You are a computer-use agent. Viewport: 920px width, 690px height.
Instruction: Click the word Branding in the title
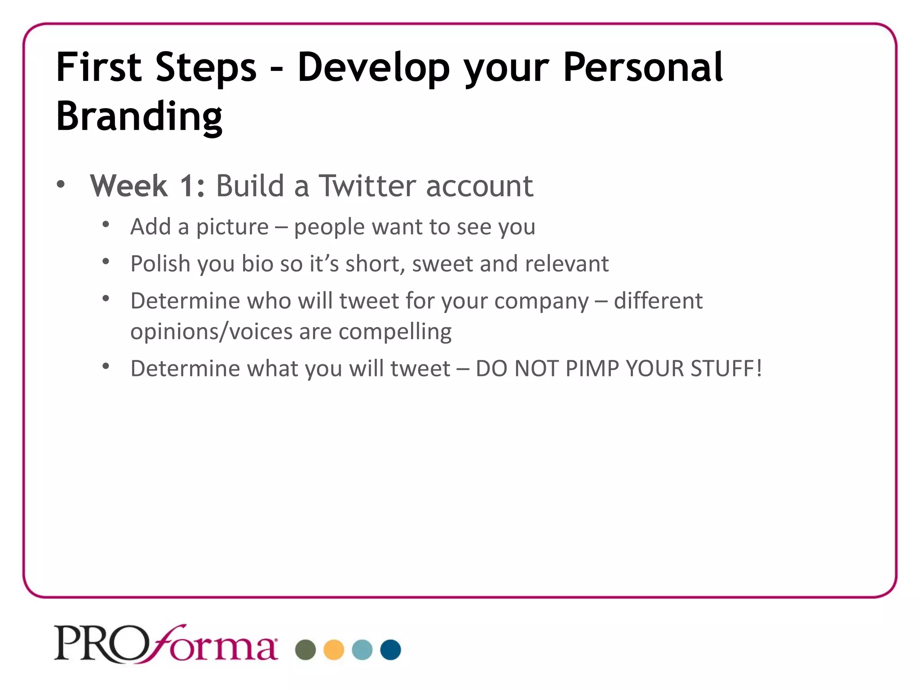pyautogui.click(x=139, y=116)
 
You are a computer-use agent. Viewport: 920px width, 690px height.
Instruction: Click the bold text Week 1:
pyautogui.click(x=147, y=186)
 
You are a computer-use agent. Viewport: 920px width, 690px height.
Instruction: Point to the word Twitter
pyautogui.click(x=367, y=186)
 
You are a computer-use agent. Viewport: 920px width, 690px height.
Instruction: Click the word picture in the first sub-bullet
pyautogui.click(x=232, y=227)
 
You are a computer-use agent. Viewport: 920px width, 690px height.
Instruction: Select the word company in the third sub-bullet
pyautogui.click(x=541, y=301)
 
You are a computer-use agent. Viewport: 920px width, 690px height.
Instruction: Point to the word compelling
pyautogui.click(x=395, y=332)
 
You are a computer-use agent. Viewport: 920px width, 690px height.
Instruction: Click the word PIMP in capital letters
pyautogui.click(x=592, y=369)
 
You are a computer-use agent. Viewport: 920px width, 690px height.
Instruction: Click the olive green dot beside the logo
pyautogui.click(x=305, y=650)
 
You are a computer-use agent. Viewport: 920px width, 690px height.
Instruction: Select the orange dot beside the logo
pyautogui.click(x=334, y=650)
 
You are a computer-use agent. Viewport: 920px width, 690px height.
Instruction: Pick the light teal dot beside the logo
pyautogui.click(x=362, y=650)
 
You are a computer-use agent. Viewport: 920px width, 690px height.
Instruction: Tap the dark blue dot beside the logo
pyautogui.click(x=390, y=650)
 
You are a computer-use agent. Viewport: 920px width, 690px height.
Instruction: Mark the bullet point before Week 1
pyautogui.click(x=61, y=185)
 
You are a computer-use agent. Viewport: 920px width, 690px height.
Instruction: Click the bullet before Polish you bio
pyautogui.click(x=106, y=261)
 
